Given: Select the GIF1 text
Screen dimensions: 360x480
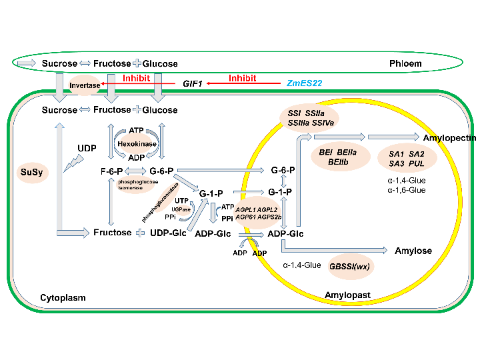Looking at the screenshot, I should pos(193,85).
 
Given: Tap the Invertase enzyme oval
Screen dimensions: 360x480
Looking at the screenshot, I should pos(85,85).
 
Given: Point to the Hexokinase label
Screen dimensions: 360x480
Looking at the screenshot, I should pos(136,143).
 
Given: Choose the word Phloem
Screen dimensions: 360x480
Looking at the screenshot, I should pos(407,63).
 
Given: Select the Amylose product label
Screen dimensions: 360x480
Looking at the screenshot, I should pos(413,251).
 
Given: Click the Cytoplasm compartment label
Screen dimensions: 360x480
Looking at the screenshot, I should pos(63,298).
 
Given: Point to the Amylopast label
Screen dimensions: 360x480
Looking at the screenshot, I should pos(347,294).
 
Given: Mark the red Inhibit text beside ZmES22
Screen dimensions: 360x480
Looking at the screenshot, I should pos(243,78).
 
